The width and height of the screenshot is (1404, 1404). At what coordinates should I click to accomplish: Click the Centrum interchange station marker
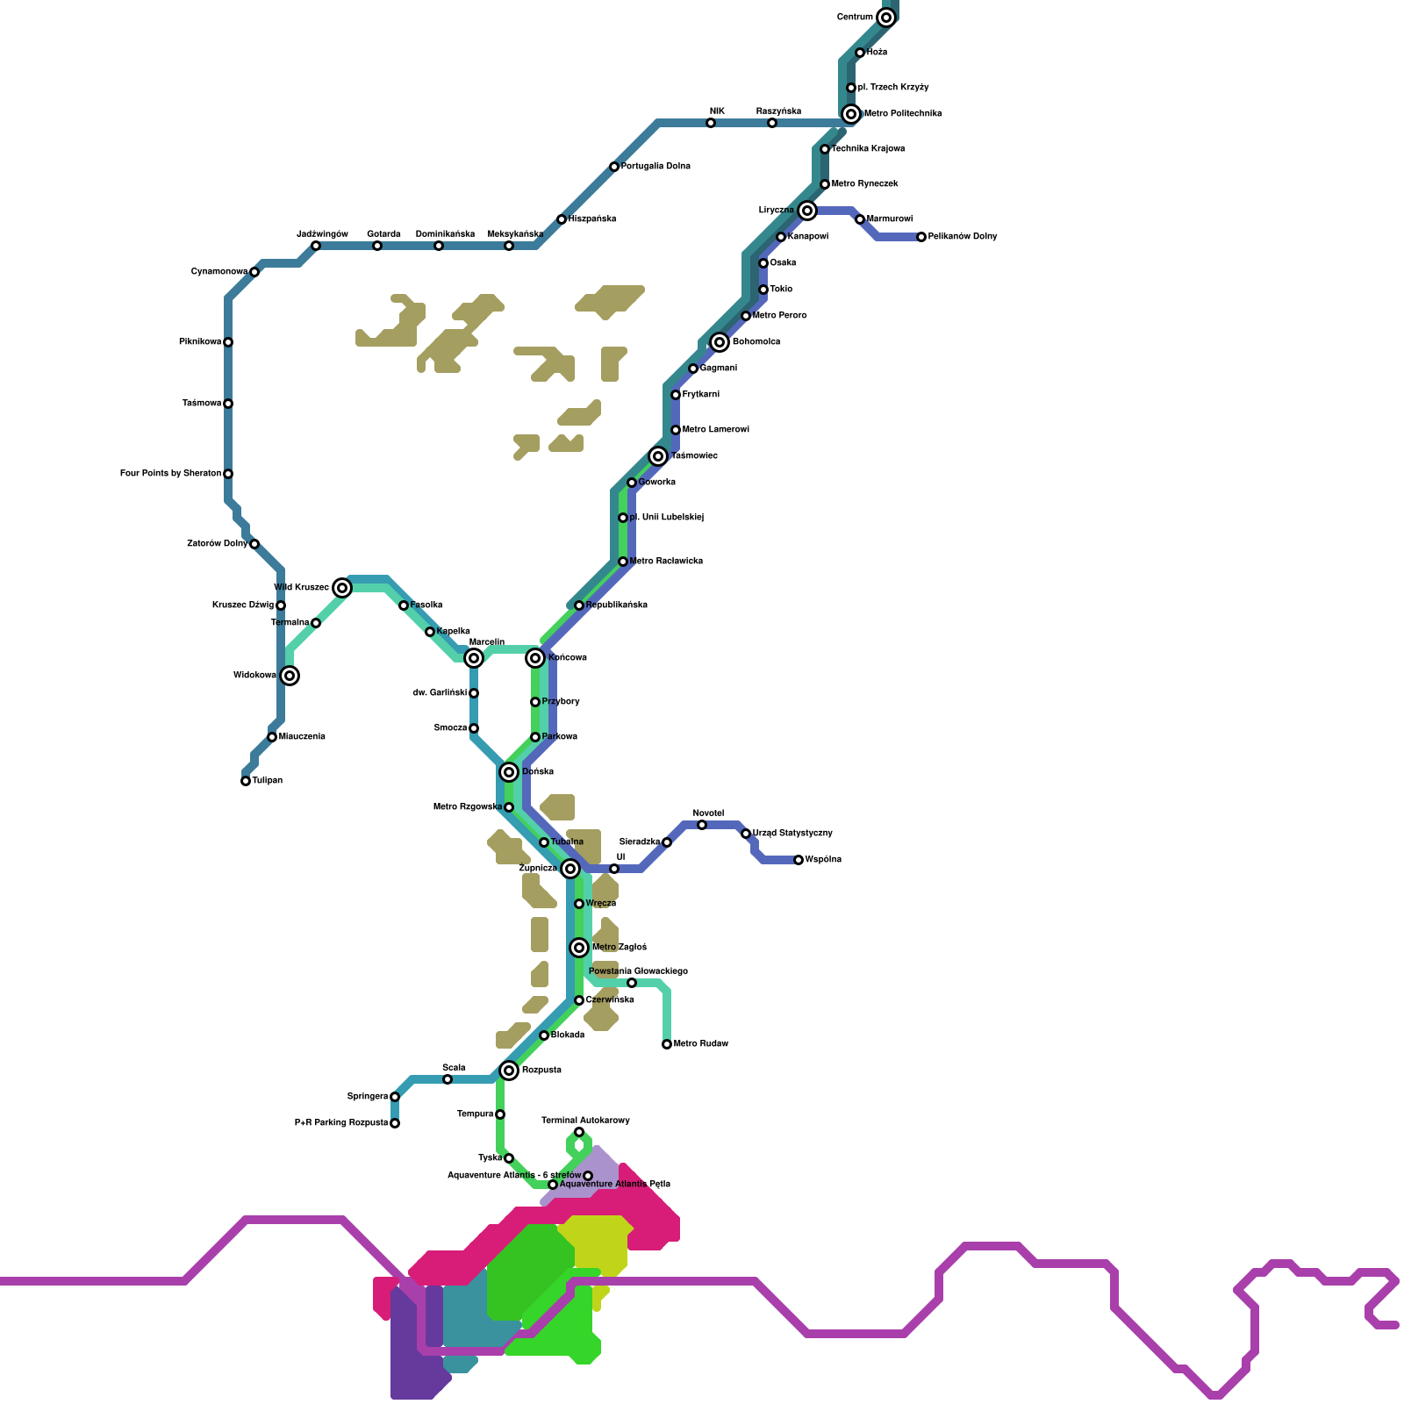[886, 18]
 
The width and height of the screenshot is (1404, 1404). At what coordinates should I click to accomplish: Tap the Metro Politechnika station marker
[851, 114]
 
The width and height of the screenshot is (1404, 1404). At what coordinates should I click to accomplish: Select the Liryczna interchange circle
[807, 211]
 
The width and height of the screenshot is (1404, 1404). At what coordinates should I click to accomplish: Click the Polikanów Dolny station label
[963, 237]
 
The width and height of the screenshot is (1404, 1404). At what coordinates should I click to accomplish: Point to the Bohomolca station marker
[720, 342]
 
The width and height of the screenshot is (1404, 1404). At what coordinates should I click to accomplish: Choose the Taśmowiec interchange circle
[658, 456]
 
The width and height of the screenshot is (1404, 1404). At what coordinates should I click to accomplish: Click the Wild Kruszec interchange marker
[342, 588]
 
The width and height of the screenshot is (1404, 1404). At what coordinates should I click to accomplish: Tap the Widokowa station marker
[290, 676]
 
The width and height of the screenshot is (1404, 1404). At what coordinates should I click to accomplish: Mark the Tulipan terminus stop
[246, 781]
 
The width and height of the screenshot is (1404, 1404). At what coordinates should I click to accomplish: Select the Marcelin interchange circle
[474, 658]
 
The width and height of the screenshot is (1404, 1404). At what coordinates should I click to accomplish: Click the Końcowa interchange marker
[535, 658]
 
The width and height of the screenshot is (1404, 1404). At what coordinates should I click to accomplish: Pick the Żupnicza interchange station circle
[570, 869]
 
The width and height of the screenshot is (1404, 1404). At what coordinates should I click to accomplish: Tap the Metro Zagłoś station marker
[579, 948]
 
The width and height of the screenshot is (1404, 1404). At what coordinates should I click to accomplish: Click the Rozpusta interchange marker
[509, 1071]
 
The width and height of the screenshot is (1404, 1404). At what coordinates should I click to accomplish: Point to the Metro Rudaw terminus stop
[667, 1044]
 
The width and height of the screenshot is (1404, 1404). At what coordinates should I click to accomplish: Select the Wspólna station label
[823, 860]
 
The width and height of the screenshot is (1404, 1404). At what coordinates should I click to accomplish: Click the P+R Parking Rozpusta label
[341, 1123]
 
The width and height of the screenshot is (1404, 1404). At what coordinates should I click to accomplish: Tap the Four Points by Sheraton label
[170, 474]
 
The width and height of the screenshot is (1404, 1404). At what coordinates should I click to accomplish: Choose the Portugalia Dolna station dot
[614, 167]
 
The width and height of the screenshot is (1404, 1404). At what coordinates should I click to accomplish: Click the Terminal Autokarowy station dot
[579, 1132]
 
